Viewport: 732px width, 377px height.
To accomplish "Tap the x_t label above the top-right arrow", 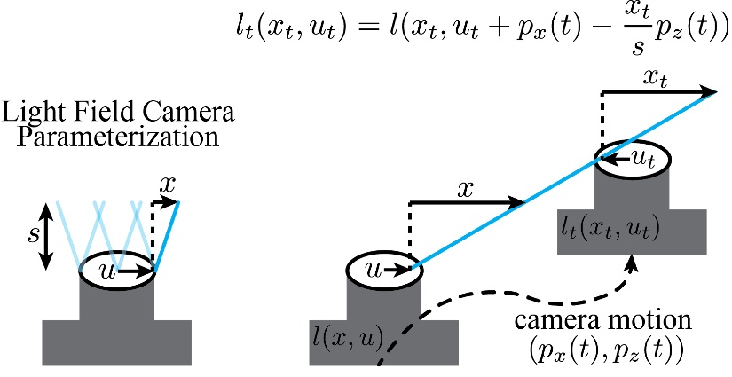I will pyautogui.click(x=657, y=78).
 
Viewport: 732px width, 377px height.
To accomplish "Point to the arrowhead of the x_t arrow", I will pyautogui.click(x=710, y=91).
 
